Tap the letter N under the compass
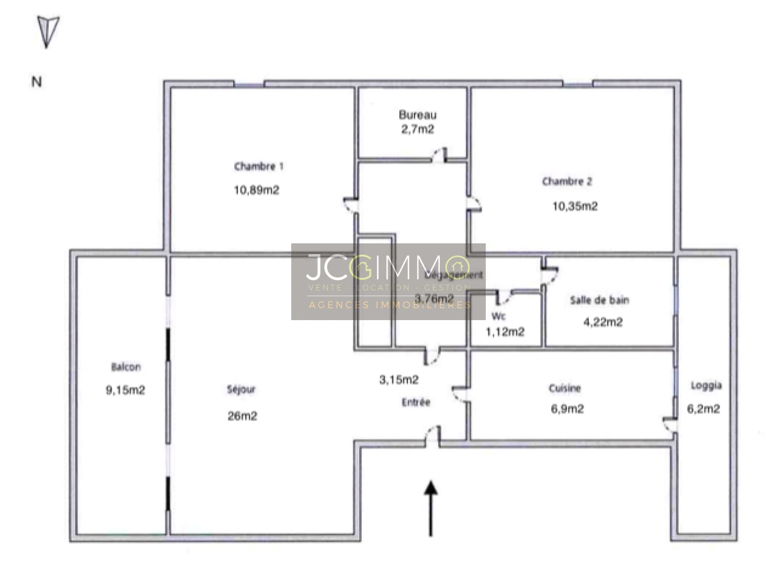(x=37, y=82)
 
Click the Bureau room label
(x=417, y=115)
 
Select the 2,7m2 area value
(x=417, y=130)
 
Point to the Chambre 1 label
(x=258, y=167)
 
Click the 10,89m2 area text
(x=256, y=190)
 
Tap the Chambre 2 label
(x=567, y=182)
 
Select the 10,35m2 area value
(x=575, y=206)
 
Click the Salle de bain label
(x=599, y=300)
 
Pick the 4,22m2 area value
(x=603, y=322)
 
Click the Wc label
(x=498, y=316)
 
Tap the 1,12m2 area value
(x=505, y=332)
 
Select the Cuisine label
(x=565, y=389)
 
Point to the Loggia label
(x=706, y=386)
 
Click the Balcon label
(x=125, y=367)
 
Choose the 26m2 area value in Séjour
(x=242, y=416)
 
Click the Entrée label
(x=416, y=402)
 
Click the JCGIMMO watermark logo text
(x=387, y=267)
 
